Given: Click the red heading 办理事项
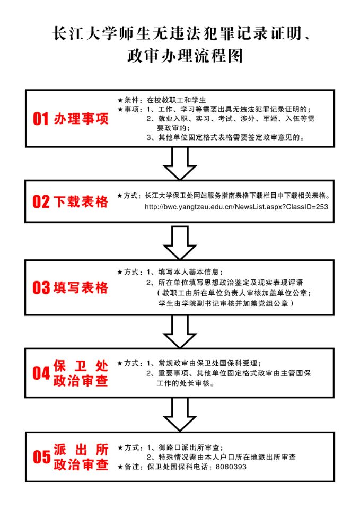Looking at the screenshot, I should point(81,119).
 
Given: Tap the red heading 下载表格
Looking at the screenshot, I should point(81,201).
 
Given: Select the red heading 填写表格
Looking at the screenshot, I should point(81,287).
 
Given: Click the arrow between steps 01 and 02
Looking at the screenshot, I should point(180,163).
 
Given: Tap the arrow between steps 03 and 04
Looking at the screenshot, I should point(180,331).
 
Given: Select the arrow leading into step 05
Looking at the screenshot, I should point(180,414).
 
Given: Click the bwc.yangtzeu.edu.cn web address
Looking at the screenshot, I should point(236,206).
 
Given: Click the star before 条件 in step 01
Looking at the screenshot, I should point(120,100).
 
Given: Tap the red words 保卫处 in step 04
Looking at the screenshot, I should point(81,366).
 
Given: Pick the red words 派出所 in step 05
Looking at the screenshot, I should point(81,450).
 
